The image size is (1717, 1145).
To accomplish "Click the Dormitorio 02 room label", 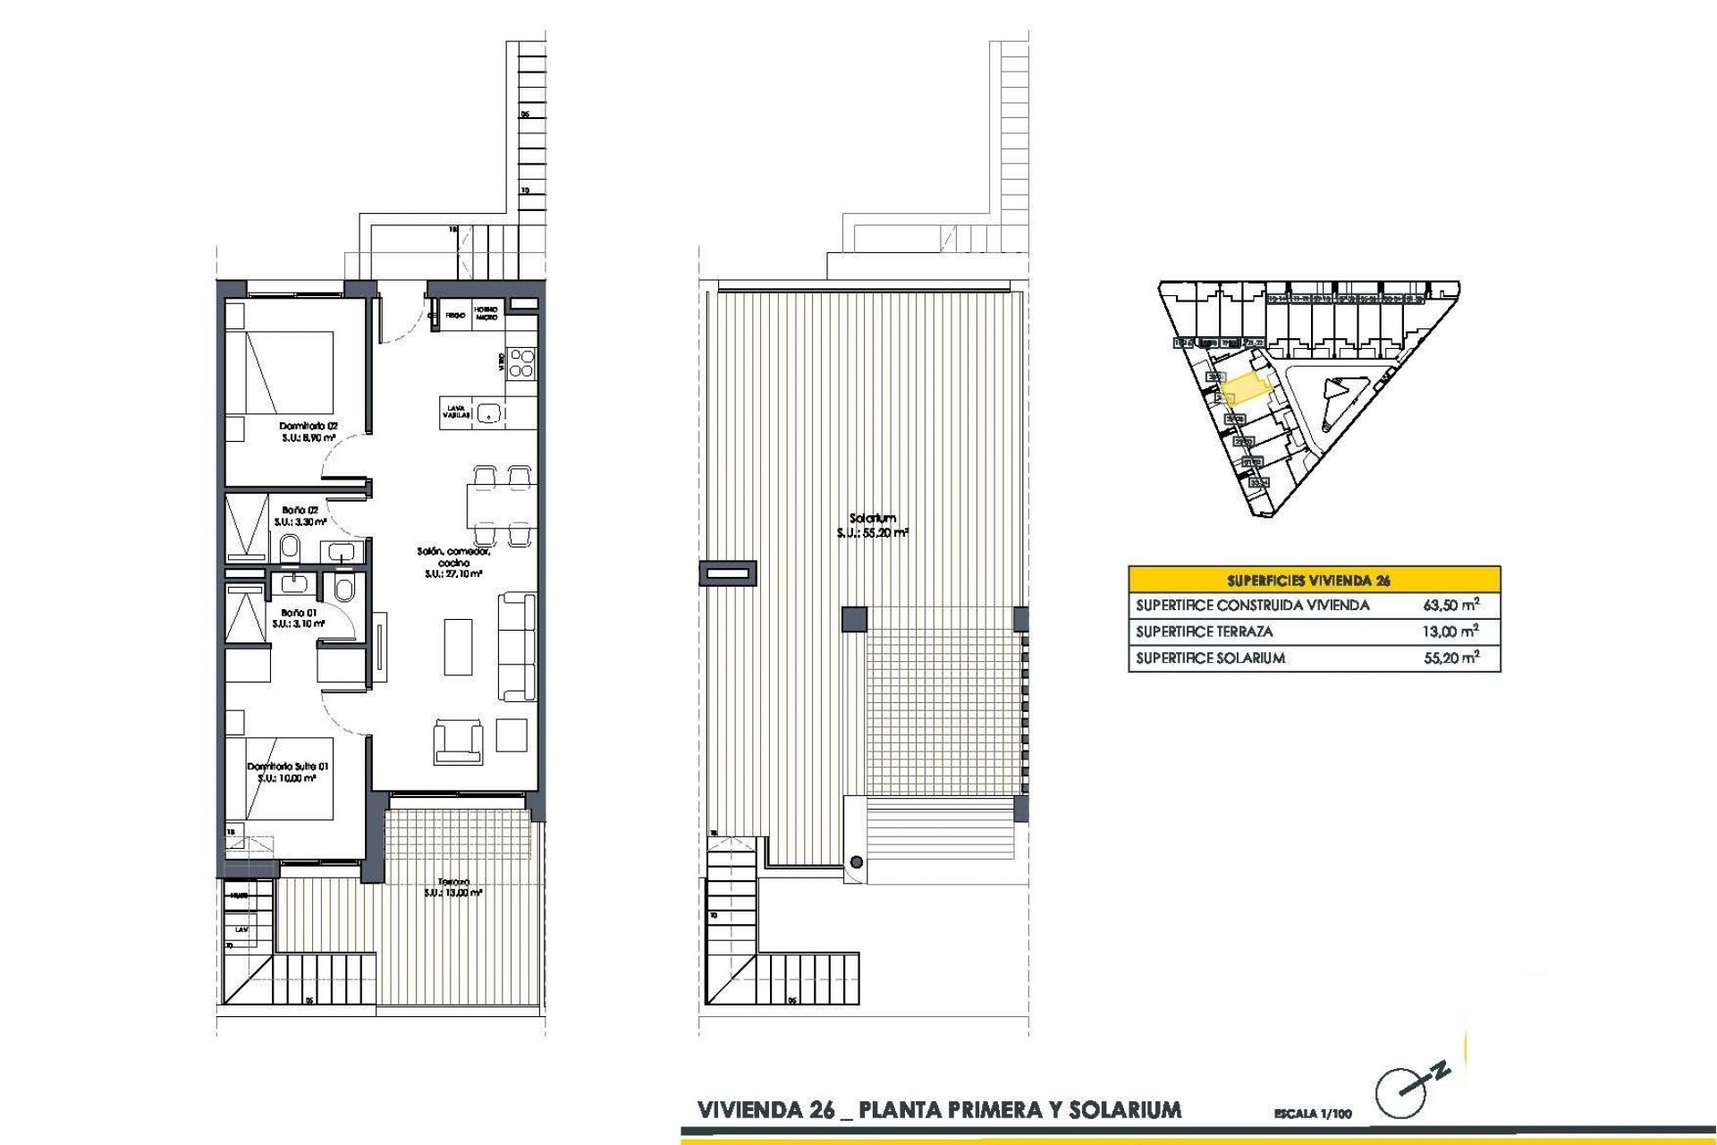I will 308,426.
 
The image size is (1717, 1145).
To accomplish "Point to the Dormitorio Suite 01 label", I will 288,767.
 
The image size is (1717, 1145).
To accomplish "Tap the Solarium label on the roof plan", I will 873,518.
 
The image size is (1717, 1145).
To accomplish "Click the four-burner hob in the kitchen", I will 521,363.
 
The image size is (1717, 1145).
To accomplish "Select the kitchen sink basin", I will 488,412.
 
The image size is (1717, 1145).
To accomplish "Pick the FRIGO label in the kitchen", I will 455,315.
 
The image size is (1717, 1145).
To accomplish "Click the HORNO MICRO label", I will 486,313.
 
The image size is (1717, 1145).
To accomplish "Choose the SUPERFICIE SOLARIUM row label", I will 1210,658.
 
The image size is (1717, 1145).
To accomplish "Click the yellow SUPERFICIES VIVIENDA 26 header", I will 1314,580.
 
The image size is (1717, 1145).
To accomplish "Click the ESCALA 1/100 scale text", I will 1313,1115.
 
